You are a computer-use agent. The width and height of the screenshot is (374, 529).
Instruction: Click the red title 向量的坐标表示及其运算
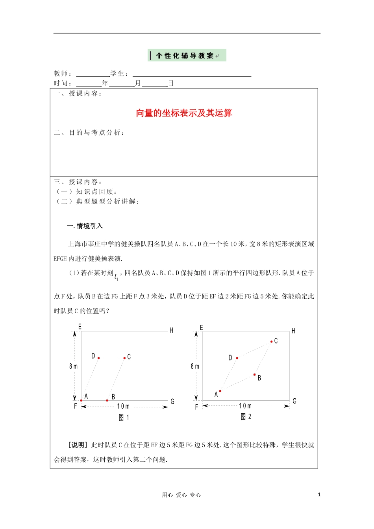click(x=184, y=113)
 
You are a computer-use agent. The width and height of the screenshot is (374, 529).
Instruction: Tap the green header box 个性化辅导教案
click(x=187, y=55)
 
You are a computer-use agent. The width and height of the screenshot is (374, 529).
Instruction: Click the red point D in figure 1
click(x=98, y=358)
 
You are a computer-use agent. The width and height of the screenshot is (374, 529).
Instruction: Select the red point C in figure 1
click(x=124, y=358)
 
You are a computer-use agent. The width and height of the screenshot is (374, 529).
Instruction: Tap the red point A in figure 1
click(x=81, y=400)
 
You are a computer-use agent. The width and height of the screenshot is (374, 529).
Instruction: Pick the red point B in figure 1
click(x=107, y=400)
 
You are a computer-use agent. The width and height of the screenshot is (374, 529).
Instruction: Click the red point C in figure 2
click(x=271, y=342)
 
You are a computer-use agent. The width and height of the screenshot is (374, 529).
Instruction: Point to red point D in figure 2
click(x=237, y=358)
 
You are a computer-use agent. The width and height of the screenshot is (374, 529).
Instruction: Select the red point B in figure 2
click(x=254, y=375)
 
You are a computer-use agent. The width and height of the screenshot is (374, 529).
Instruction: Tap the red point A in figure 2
click(x=220, y=391)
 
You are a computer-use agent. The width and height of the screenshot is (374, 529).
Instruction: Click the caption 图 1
click(x=124, y=417)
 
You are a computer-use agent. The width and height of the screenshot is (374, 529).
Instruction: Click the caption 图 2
click(x=246, y=416)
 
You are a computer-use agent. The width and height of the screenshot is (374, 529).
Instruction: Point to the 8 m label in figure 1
click(x=73, y=366)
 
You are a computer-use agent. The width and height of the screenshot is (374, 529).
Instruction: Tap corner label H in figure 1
click(x=171, y=331)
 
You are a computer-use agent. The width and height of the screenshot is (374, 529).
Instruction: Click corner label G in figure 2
click(x=294, y=401)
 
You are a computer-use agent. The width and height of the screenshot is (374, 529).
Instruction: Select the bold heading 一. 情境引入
click(x=85, y=226)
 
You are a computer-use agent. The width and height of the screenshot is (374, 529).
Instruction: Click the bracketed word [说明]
click(x=78, y=445)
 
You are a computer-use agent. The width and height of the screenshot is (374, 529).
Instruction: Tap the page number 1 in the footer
click(x=319, y=495)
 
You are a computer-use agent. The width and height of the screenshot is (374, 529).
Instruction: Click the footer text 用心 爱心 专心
click(x=181, y=495)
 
